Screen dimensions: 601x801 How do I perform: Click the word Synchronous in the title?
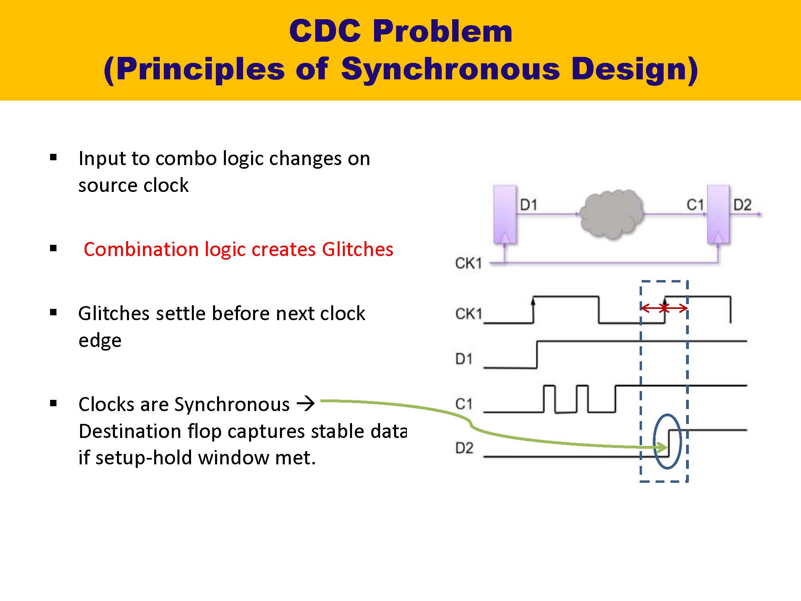point(450,69)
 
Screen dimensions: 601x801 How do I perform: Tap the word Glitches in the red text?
point(357,249)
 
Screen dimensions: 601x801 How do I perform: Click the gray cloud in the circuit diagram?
point(611,214)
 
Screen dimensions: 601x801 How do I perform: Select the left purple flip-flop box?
point(505,214)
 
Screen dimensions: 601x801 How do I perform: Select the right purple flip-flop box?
point(718,214)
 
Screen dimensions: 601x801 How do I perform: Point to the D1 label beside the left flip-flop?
point(528,205)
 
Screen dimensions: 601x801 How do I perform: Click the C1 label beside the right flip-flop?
point(695,205)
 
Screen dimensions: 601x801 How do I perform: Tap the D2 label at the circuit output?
point(742,205)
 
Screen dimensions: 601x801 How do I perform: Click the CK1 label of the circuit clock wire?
point(468,263)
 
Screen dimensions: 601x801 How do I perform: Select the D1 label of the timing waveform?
point(464,359)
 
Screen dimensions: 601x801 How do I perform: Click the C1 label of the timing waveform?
point(464,404)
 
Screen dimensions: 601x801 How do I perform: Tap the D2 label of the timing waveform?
point(464,448)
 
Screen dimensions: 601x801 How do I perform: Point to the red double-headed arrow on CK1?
point(664,308)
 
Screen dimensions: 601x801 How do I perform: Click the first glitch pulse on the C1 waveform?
point(549,399)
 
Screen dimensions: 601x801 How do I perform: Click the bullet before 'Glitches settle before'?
point(54,313)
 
